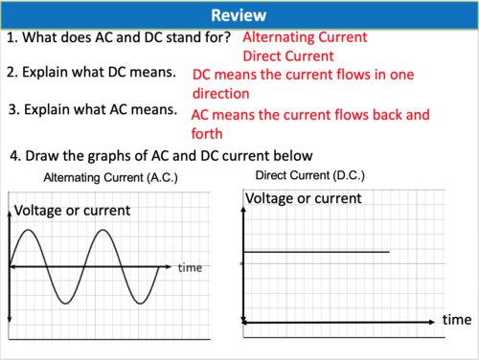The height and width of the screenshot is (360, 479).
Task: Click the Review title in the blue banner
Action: click(x=239, y=14)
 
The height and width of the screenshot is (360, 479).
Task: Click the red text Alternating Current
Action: click(x=305, y=38)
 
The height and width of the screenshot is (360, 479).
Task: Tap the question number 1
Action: click(x=11, y=38)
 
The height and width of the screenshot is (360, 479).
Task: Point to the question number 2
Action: click(x=11, y=73)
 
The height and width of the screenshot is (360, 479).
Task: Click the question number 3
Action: click(x=11, y=109)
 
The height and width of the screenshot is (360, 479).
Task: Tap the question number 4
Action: click(x=14, y=155)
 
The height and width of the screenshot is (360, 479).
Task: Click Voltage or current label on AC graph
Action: click(x=73, y=211)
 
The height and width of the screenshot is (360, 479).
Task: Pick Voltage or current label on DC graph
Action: click(x=304, y=198)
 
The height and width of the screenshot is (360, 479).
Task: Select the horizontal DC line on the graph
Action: click(x=316, y=252)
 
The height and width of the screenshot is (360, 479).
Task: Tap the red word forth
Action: click(x=207, y=134)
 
